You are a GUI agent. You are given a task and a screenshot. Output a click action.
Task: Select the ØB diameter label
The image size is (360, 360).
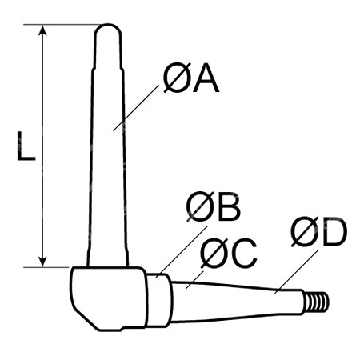click(214, 206)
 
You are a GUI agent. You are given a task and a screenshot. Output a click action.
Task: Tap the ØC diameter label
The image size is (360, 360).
click(229, 254)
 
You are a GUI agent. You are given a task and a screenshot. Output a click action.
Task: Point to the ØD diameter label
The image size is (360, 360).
click(319, 231)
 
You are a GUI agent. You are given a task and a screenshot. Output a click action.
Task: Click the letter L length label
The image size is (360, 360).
click(26, 146)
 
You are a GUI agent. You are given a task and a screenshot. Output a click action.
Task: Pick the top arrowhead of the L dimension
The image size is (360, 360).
click(42, 30)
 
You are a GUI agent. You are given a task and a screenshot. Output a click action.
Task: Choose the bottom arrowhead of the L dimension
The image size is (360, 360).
click(42, 262)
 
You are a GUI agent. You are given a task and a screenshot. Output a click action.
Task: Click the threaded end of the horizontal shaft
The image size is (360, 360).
click(317, 302)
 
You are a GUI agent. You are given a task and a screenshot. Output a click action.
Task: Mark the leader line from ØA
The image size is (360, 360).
click(136, 108)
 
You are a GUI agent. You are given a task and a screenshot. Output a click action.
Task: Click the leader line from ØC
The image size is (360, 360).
click(194, 280)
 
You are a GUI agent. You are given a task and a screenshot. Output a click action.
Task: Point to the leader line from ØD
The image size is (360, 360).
click(296, 272)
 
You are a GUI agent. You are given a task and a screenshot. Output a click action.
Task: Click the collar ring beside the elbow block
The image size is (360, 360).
click(158, 300)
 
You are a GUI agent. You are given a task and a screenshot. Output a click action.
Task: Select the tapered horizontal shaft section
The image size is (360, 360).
click(237, 302)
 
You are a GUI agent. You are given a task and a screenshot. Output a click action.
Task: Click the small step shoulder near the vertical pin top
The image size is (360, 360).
click(108, 69)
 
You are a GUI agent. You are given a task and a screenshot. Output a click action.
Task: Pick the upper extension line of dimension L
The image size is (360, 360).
click(62, 25)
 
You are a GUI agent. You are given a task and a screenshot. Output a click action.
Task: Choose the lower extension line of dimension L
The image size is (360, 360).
click(46, 267)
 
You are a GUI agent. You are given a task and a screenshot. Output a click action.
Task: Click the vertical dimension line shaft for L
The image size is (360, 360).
click(42, 146)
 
